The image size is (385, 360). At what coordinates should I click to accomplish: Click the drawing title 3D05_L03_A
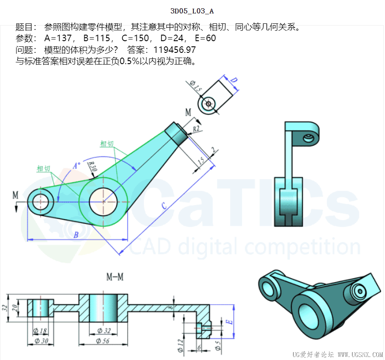[192, 11]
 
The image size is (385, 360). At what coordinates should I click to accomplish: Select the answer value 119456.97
[175, 50]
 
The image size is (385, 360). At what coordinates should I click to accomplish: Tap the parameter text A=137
[58, 38]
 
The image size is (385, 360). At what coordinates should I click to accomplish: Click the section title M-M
[115, 277]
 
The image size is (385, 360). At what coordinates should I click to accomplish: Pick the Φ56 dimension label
[103, 341]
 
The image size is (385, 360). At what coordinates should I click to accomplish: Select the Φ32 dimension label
[104, 331]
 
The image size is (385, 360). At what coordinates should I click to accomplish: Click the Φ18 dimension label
[40, 331]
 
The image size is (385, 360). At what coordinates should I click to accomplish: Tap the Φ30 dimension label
[41, 341]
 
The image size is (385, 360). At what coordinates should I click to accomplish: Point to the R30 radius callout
[93, 166]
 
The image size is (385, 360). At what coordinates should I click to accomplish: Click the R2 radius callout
[196, 129]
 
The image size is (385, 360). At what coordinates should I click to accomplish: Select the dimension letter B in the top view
[76, 235]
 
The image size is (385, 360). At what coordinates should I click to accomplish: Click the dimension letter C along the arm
[164, 206]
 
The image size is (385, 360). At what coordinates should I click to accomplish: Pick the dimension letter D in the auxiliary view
[234, 80]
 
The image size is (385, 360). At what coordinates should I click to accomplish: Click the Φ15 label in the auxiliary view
[196, 86]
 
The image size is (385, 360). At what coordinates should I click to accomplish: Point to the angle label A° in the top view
[77, 166]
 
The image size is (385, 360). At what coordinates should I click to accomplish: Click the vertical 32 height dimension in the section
[5, 308]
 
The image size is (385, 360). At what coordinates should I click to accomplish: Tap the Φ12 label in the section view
[180, 346]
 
